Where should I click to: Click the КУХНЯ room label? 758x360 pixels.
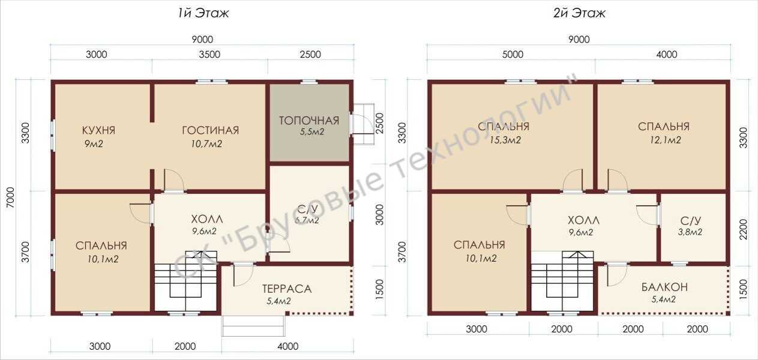(98, 130)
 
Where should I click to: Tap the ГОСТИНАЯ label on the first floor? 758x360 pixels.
(211, 130)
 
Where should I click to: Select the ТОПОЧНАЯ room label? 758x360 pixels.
(309, 121)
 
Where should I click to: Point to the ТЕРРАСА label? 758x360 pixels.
(287, 289)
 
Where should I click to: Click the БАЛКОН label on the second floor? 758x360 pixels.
(664, 287)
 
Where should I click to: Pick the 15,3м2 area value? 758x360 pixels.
(505, 140)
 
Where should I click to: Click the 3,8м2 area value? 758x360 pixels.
(690, 232)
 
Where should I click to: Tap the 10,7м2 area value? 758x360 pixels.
(206, 144)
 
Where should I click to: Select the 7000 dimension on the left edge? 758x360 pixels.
(10, 198)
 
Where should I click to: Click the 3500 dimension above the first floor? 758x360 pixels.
(209, 55)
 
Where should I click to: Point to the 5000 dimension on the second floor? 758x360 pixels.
(513, 55)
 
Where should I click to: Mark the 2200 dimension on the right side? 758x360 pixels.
(743, 229)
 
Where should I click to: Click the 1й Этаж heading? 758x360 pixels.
(203, 13)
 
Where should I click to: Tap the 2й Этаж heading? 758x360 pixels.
(579, 13)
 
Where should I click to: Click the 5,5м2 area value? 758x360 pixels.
(312, 132)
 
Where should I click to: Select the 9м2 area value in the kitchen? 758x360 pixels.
(94, 144)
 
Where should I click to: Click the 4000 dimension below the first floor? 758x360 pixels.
(288, 346)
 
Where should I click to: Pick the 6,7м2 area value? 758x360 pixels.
(307, 221)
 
